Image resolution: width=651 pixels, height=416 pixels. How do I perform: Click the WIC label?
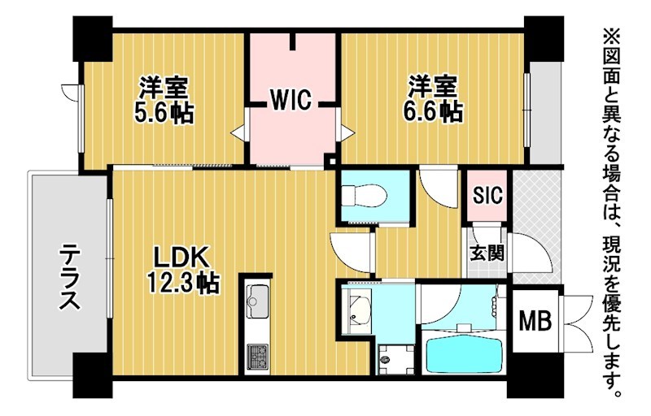(291, 99)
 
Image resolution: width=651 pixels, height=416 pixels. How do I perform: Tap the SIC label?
(487, 194)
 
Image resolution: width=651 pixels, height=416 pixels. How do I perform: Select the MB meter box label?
(535, 320)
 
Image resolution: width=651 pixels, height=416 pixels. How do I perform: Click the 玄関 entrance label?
(487, 253)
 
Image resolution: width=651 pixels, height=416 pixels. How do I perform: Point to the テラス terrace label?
(69, 277)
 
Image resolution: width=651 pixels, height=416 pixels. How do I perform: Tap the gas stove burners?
(257, 357)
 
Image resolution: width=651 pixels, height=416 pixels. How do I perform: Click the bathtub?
(465, 354)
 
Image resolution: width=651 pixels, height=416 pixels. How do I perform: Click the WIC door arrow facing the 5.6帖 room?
(238, 133)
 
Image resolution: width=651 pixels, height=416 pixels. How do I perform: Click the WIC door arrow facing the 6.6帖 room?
(347, 132)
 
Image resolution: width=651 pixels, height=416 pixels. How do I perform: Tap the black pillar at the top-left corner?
(92, 39)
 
